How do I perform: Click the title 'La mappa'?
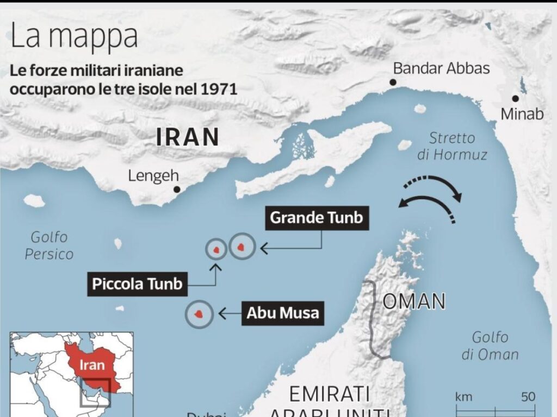pyautogui.click(x=74, y=37)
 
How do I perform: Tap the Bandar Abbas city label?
pyautogui.click(x=441, y=68)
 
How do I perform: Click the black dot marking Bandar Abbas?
pyautogui.click(x=392, y=83)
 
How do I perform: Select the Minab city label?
pyautogui.click(x=522, y=115)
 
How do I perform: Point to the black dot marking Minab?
pyautogui.click(x=515, y=99)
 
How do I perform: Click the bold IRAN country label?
pyautogui.click(x=188, y=137)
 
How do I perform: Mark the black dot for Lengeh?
pyautogui.click(x=177, y=189)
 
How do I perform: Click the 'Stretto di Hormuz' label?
pyautogui.click(x=452, y=146)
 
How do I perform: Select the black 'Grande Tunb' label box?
pyautogui.click(x=316, y=218)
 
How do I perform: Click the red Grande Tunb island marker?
pyautogui.click(x=242, y=248)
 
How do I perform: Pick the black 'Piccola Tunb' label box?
pyautogui.click(x=137, y=284)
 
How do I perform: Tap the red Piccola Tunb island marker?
pyautogui.click(x=216, y=249)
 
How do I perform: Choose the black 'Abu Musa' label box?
pyautogui.click(x=282, y=313)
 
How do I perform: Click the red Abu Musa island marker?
pyautogui.click(x=200, y=314)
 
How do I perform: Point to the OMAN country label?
pyautogui.click(x=414, y=301)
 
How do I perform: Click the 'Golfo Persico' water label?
pyautogui.click(x=50, y=245)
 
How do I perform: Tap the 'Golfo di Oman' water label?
pyautogui.click(x=490, y=346)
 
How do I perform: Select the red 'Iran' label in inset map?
pyautogui.click(x=92, y=365)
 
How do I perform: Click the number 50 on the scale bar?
pyautogui.click(x=528, y=397)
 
